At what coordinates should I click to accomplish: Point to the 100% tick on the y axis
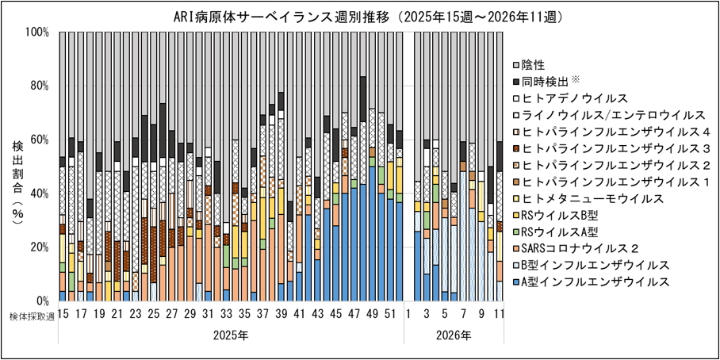click(x=37, y=33)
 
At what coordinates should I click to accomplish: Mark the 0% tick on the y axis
click(x=43, y=301)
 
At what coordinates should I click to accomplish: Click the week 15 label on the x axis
click(x=63, y=315)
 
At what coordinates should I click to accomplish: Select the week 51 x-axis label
click(x=389, y=315)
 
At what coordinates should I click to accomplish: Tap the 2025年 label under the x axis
click(x=231, y=335)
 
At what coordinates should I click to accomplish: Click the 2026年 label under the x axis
click(x=454, y=335)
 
